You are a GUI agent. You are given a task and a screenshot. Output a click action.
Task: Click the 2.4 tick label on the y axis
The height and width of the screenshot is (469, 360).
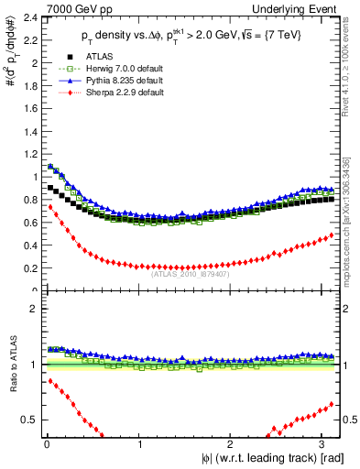point(27,17)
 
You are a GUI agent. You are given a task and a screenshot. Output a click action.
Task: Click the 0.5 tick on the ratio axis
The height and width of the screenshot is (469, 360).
point(27,420)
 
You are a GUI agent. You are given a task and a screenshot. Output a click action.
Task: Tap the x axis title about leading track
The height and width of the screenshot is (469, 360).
point(266,458)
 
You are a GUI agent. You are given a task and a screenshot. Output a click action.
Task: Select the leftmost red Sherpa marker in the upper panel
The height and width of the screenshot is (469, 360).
point(49,207)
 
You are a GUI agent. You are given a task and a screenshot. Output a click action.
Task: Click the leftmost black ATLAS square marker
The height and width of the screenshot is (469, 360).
point(49,187)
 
